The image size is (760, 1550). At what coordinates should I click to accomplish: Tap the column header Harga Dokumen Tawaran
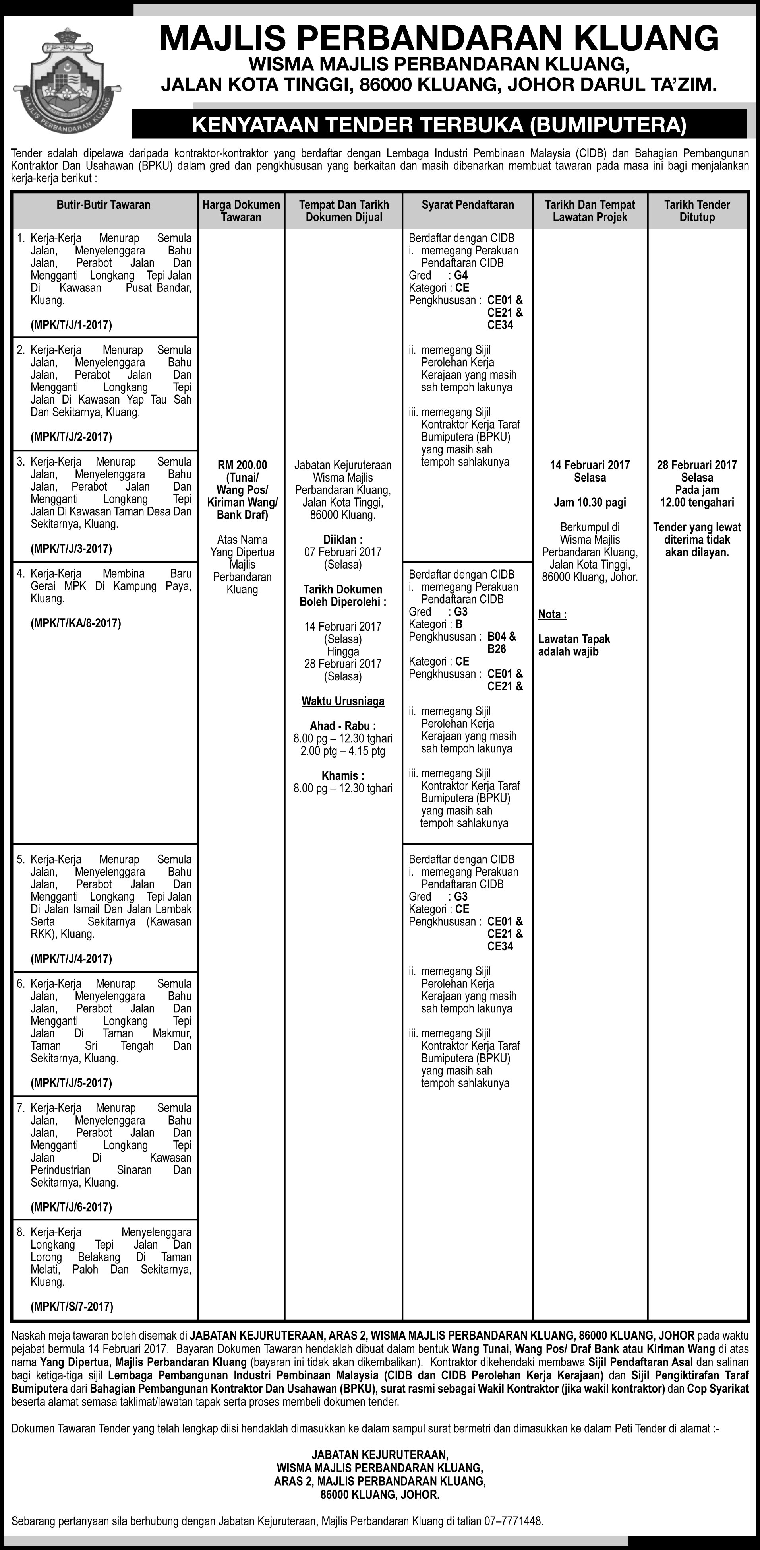point(241,211)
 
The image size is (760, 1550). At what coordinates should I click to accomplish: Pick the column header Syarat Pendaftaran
point(467,204)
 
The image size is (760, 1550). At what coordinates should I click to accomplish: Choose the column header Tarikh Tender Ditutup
point(697,211)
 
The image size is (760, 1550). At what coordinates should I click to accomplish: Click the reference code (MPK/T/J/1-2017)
point(72,325)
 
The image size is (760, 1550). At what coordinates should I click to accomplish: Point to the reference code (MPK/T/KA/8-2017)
point(76,623)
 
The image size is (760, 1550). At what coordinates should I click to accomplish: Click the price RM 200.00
point(242,465)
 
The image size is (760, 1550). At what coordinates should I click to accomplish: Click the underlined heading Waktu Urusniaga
point(343,701)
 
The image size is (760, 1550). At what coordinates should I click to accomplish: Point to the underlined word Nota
point(552,614)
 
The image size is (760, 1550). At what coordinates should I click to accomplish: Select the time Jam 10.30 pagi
point(590,503)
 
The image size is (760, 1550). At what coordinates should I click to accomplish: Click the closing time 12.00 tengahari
point(697,503)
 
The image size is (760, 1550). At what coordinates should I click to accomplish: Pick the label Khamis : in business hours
point(343,776)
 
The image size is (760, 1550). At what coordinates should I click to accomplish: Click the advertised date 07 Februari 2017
point(343,552)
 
